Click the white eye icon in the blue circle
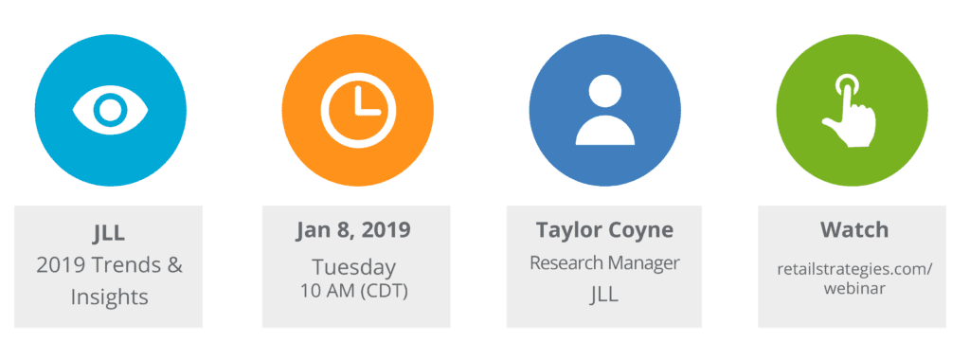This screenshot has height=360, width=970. (110, 110)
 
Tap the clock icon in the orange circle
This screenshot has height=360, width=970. (357, 109)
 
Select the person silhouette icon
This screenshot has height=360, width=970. (604, 110)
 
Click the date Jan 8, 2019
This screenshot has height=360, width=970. (356, 230)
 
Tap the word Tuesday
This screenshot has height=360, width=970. (356, 266)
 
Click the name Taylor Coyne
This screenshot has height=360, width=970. (603, 230)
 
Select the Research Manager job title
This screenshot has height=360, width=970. (603, 261)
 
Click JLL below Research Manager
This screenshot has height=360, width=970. (603, 295)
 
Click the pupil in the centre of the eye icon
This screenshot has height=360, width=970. (110, 110)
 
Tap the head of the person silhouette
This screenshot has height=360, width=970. (604, 93)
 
